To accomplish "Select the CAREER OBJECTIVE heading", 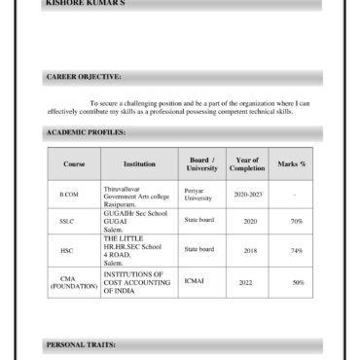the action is click(84, 76).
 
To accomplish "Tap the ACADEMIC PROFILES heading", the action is click(86, 131).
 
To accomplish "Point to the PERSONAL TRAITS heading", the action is click(82, 344).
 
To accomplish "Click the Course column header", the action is click(74, 163).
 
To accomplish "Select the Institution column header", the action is click(139, 163).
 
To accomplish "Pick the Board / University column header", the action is click(201, 163).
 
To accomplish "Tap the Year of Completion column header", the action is click(246, 163).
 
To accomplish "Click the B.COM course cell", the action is click(69, 195).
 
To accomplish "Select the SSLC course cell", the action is click(67, 221).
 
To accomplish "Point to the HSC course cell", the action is click(67, 250).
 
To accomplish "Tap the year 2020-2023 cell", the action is click(248, 195).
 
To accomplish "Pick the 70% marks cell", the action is click(297, 221).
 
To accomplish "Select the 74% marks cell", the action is click(297, 250).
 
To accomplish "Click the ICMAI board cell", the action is click(194, 281).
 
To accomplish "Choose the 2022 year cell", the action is click(245, 282).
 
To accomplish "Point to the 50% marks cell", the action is click(298, 282).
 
